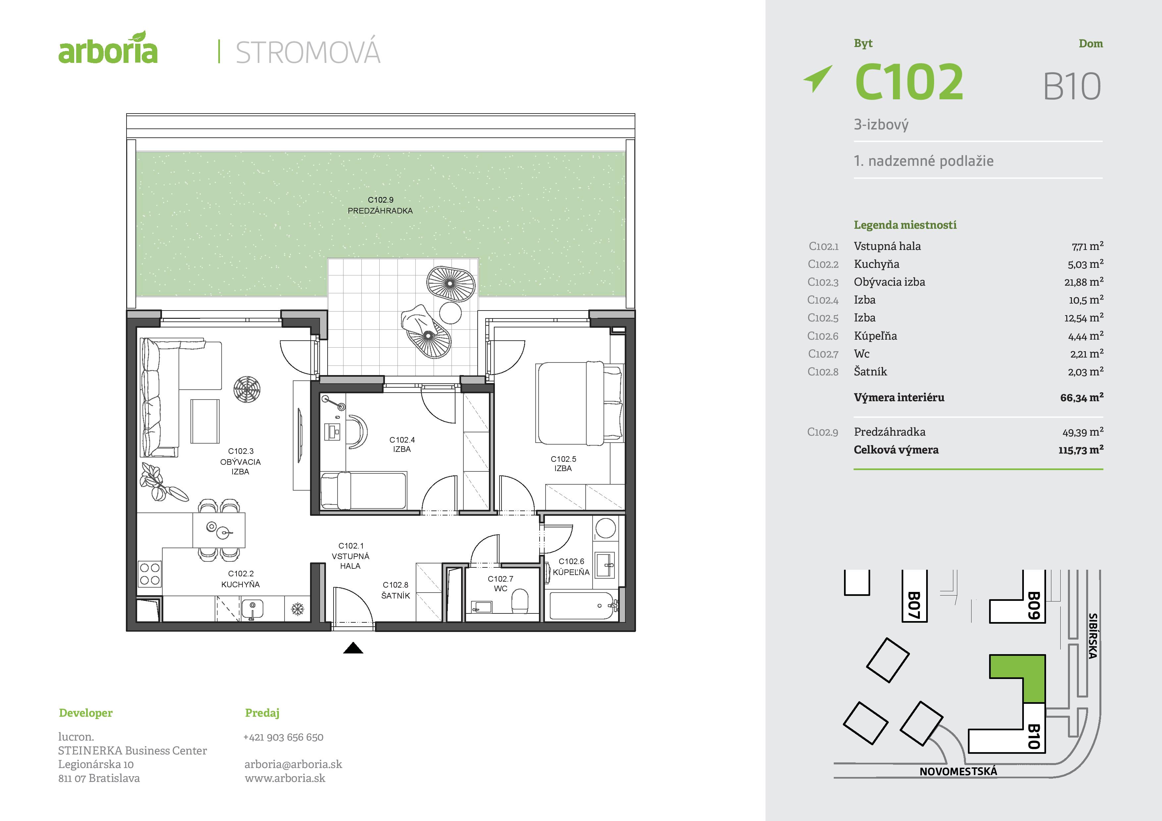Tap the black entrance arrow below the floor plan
[353, 648]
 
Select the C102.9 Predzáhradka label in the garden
[380, 205]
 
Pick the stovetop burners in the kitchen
[150, 574]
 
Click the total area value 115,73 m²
[1081, 450]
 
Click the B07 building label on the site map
[914, 605]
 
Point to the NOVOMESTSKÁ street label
[958, 771]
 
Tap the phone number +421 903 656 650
[284, 737]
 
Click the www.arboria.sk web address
[285, 778]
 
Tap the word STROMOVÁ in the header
[308, 53]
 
